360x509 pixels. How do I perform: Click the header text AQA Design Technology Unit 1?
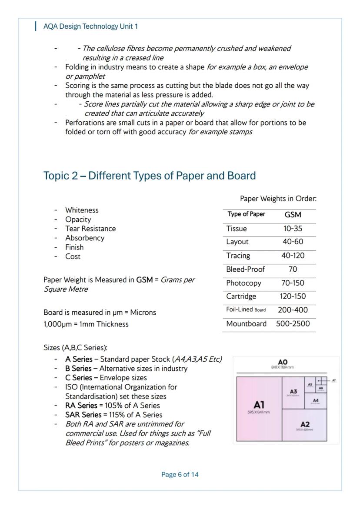(x=90, y=27)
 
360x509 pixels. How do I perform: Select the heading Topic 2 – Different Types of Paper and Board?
(x=150, y=176)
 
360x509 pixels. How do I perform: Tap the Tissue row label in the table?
(x=236, y=229)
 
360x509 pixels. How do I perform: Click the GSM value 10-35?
(x=293, y=229)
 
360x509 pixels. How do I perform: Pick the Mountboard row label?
(x=246, y=324)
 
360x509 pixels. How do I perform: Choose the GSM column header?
(x=293, y=215)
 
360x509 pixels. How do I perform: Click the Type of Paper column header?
(x=246, y=214)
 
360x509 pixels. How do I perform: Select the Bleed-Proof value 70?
(x=293, y=269)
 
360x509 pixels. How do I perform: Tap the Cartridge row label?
(x=241, y=296)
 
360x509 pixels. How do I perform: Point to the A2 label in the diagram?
(x=305, y=424)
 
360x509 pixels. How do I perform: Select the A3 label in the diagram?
(x=293, y=392)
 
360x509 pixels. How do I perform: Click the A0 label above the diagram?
(x=283, y=362)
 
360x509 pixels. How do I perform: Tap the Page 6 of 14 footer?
(x=180, y=474)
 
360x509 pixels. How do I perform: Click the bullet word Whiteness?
(x=82, y=210)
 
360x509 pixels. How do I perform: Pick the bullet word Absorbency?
(x=85, y=238)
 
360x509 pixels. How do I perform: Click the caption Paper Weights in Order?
(x=278, y=199)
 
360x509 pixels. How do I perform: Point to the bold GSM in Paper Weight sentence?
(x=144, y=280)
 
